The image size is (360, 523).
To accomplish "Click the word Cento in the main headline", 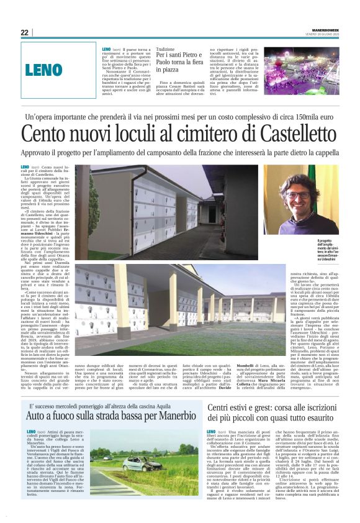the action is (46, 134).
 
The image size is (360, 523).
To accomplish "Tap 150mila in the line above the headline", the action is (308, 117).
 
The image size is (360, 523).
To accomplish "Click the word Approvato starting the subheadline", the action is (37, 153).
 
